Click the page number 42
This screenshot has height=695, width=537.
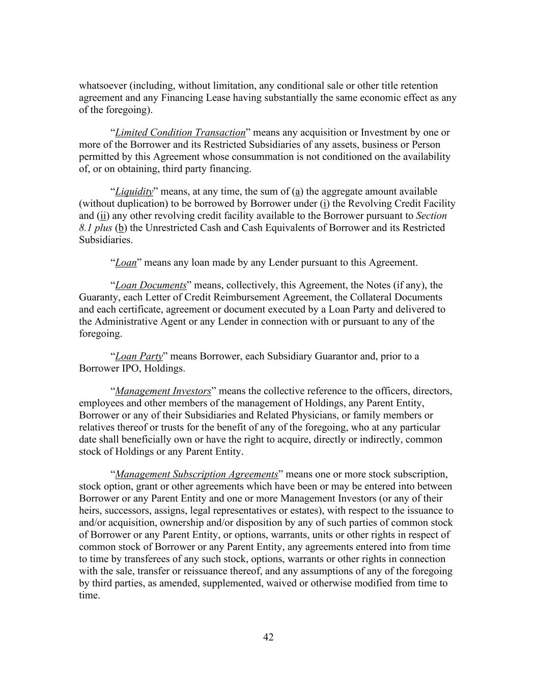pos(268,637)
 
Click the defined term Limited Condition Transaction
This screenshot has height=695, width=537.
pos(180,132)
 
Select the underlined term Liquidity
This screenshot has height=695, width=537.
pos(134,191)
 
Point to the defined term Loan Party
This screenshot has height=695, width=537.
pos(138,356)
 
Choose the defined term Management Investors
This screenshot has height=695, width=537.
pos(163,391)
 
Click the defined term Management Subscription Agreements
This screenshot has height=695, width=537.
pos(196,474)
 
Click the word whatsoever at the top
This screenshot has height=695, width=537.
pos(103,86)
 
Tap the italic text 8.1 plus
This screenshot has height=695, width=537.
pos(95,228)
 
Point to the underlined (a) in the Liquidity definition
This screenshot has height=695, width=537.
pos(297,191)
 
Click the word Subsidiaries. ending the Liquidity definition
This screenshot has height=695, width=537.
pos(105,240)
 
